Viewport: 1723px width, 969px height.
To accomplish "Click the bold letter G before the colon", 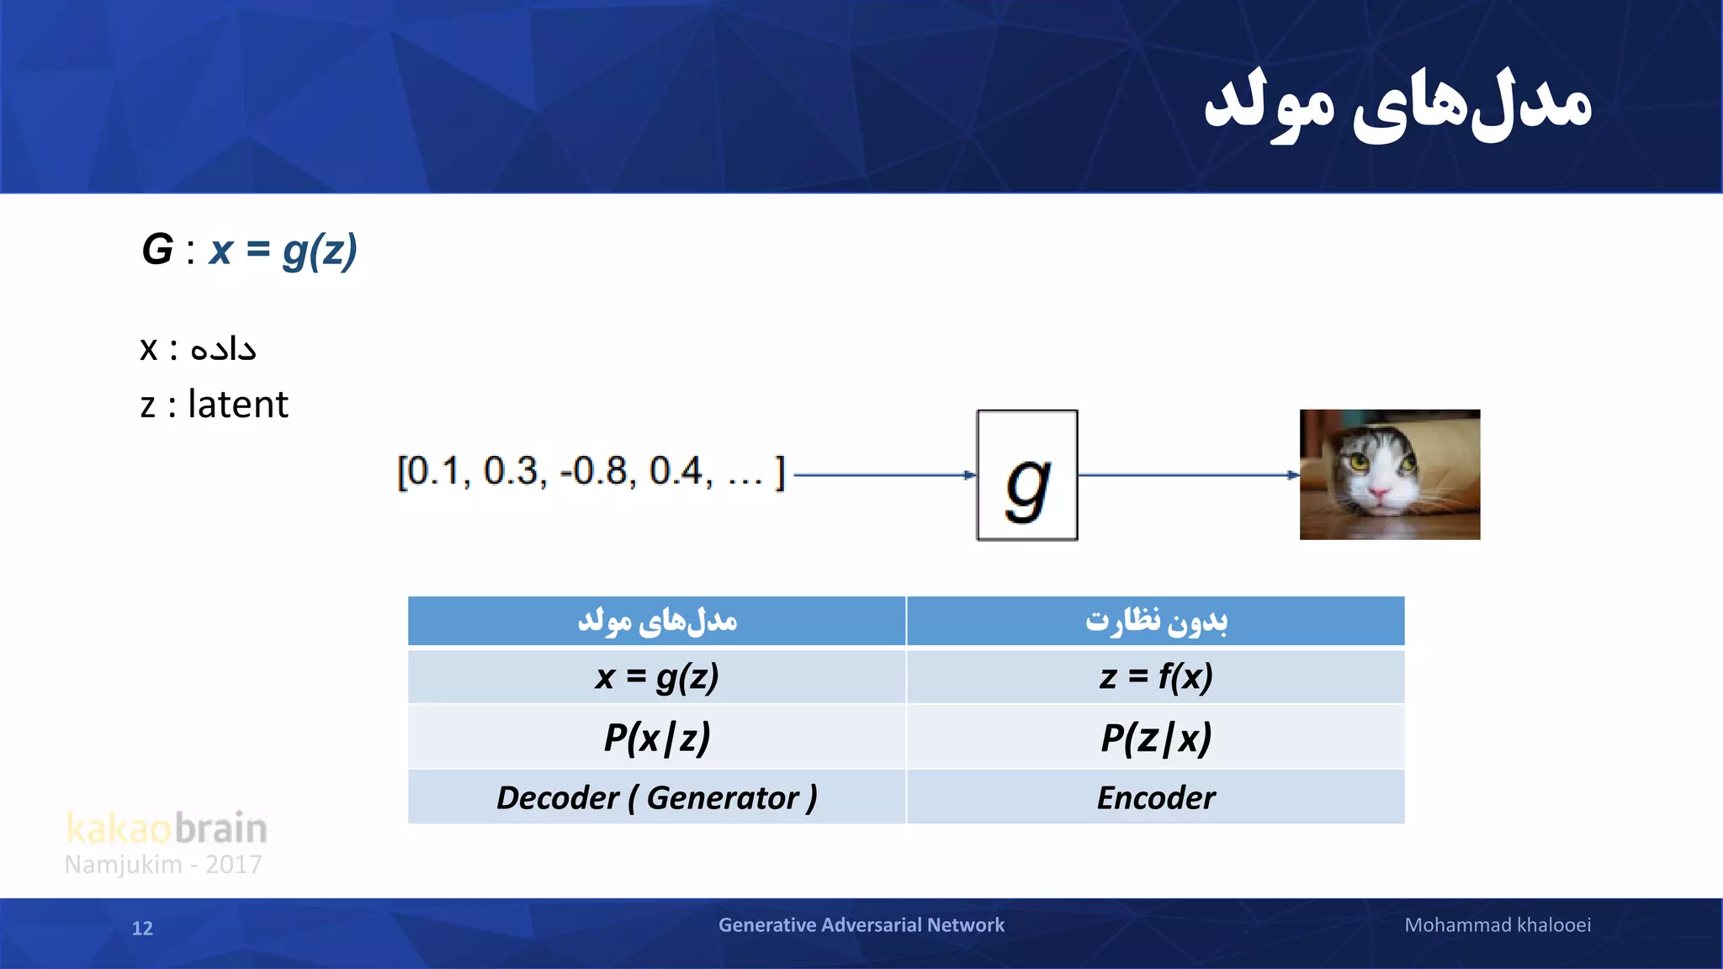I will click(x=157, y=250).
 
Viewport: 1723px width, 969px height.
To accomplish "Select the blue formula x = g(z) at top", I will click(x=284, y=251).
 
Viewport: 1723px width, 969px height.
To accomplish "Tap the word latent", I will click(x=238, y=405).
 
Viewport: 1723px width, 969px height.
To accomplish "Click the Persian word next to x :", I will click(x=223, y=348).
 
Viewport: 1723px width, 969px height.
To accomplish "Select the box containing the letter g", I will click(x=1026, y=475).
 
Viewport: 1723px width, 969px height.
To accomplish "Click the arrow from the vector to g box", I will click(x=883, y=475).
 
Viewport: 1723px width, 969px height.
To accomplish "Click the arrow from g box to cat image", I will click(x=1186, y=475).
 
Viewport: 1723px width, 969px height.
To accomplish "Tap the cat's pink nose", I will click(x=1380, y=493).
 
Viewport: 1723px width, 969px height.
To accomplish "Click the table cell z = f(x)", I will click(x=1155, y=676).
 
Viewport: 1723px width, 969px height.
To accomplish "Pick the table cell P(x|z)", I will click(x=657, y=738).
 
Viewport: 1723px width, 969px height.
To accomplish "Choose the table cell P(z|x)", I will click(x=1155, y=738).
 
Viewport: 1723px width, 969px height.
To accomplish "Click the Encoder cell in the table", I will click(x=1155, y=797).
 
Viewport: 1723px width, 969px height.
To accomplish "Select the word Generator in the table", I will click(x=722, y=797).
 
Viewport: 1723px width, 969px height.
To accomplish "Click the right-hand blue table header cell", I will click(x=1155, y=622).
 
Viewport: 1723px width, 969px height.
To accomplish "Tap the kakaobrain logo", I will click(x=167, y=829).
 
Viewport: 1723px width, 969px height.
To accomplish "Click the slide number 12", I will click(x=142, y=928).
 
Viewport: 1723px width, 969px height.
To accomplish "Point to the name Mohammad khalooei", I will click(x=1498, y=925).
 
